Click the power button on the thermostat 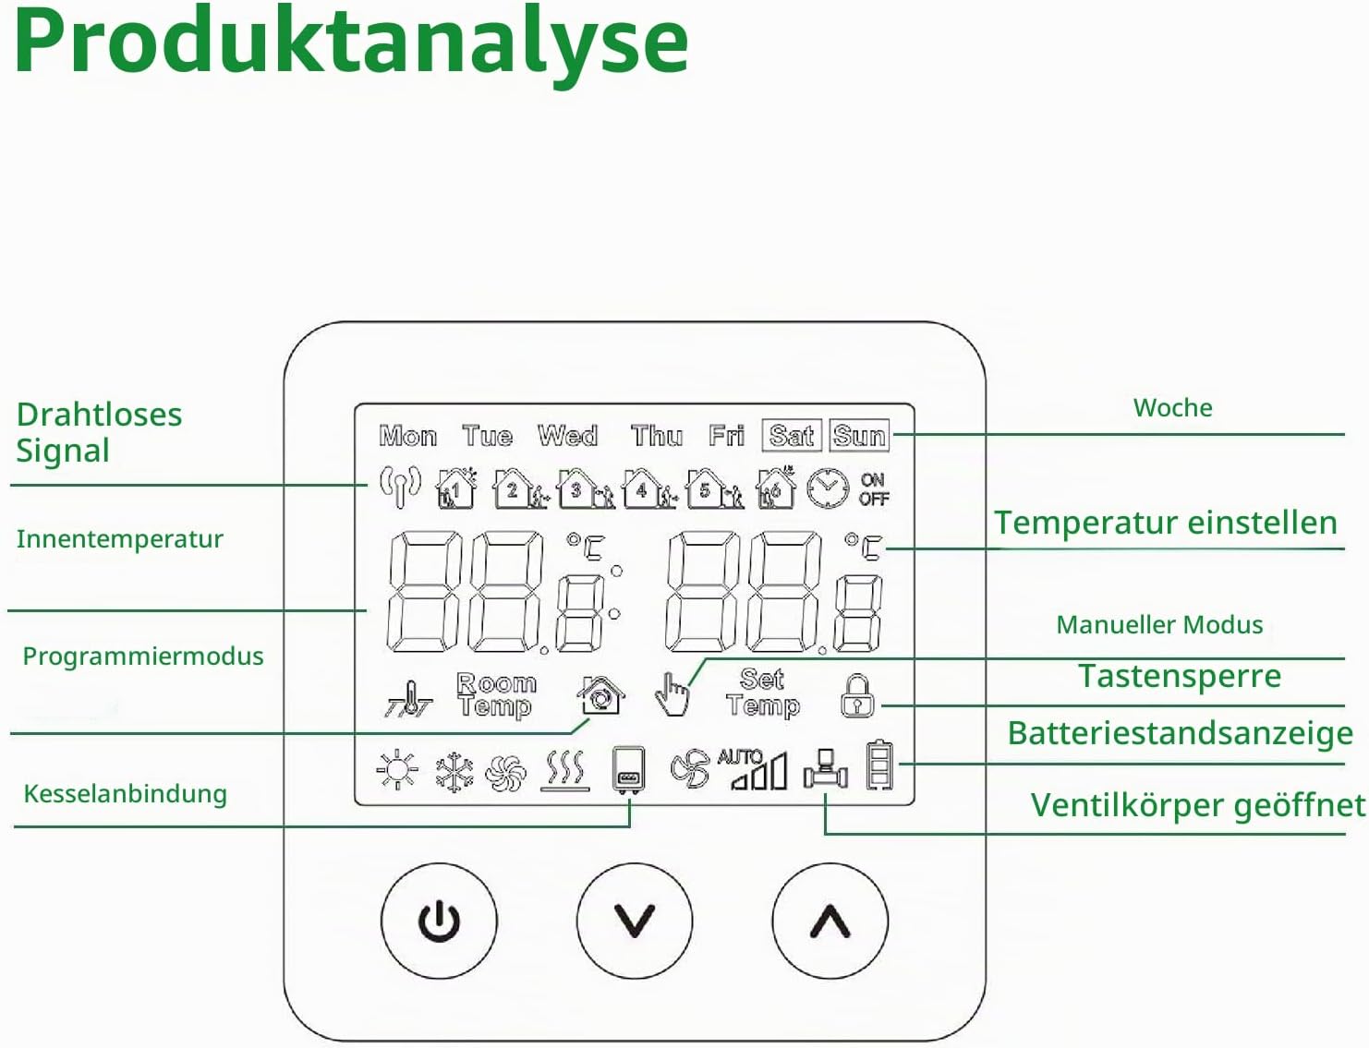(x=439, y=921)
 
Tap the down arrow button (x=635, y=921)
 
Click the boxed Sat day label (x=792, y=435)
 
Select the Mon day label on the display (x=407, y=436)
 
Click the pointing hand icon (x=672, y=694)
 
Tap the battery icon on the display (x=880, y=765)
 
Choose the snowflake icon (x=454, y=771)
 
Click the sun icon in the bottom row (x=397, y=769)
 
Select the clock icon (x=828, y=488)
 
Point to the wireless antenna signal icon (x=400, y=486)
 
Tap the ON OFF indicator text (x=874, y=489)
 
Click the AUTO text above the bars (x=741, y=756)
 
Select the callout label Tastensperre (x=1180, y=677)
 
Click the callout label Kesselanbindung (x=126, y=794)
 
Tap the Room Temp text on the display (x=496, y=694)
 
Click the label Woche (x=1172, y=408)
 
